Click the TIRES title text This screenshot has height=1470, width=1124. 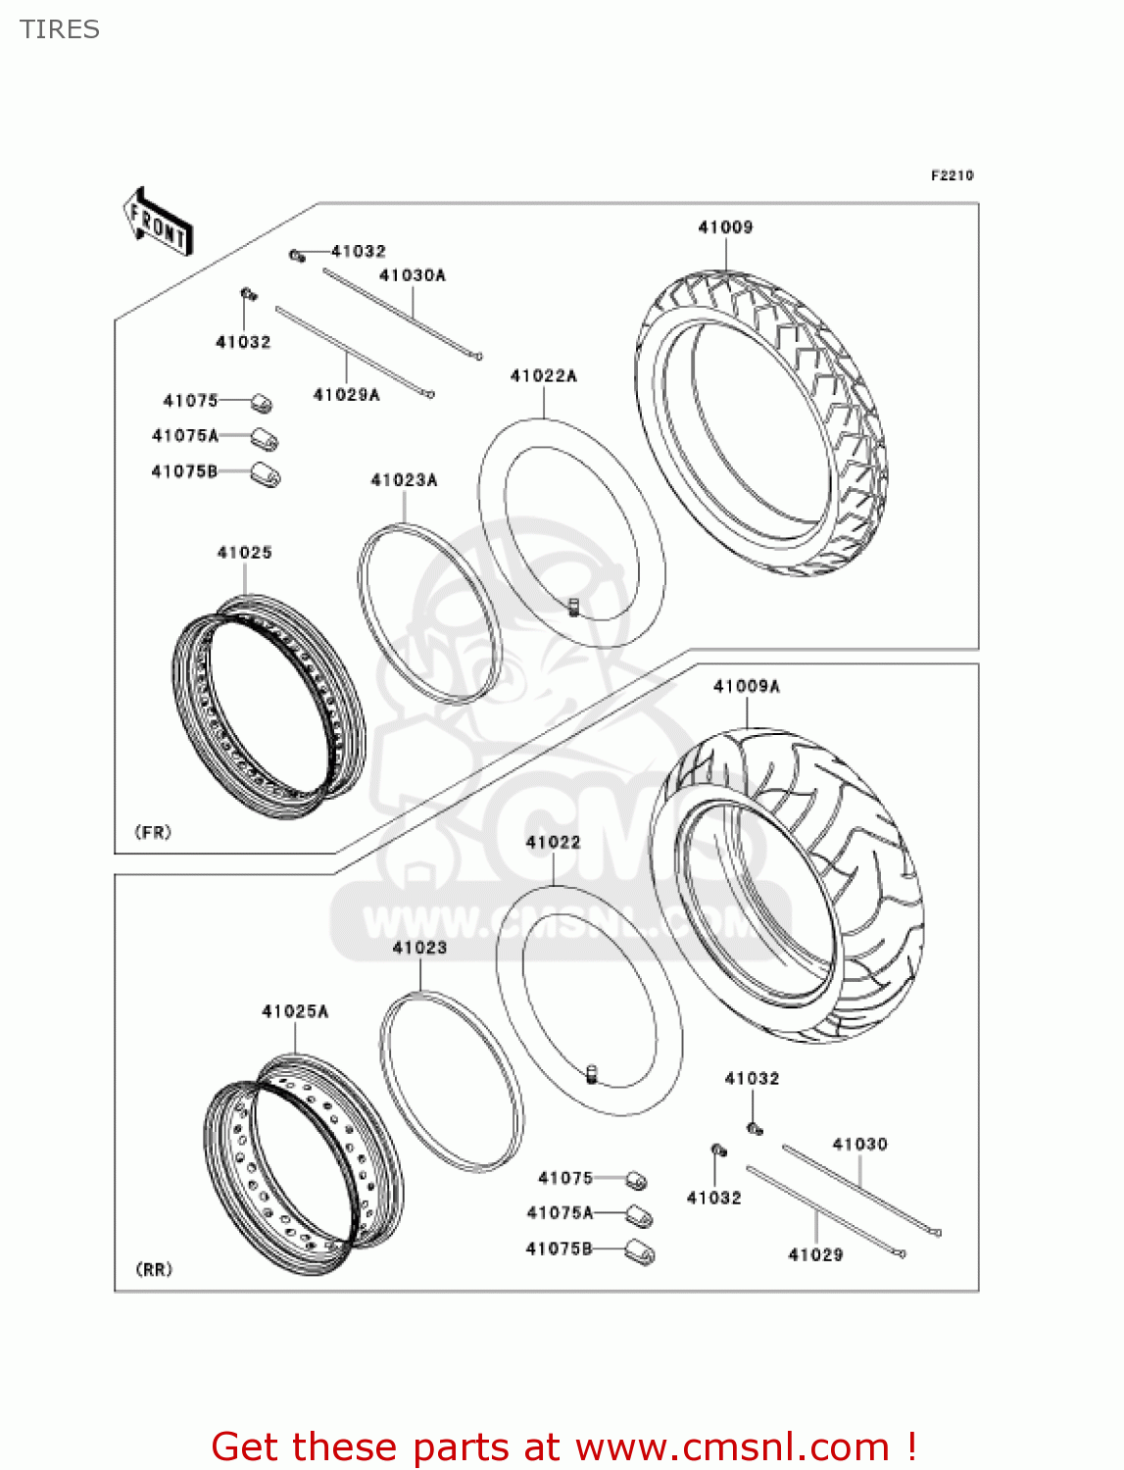click(x=60, y=29)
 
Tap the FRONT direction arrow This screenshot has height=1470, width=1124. click(x=157, y=221)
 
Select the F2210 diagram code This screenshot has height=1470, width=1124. click(x=952, y=175)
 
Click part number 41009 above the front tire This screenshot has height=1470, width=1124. click(x=725, y=227)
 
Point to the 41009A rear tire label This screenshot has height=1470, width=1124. click(x=747, y=687)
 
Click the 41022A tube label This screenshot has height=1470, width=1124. click(x=544, y=376)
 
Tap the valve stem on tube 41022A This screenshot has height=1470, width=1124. click(x=574, y=608)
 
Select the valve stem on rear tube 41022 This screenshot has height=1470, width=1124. click(x=592, y=1074)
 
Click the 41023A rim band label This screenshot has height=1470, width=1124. click(x=404, y=480)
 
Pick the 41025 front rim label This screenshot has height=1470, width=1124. click(x=244, y=553)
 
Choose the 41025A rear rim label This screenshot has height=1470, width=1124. click(x=295, y=1011)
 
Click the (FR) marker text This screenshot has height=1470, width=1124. click(x=153, y=833)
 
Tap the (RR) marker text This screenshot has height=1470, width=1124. click(x=154, y=1270)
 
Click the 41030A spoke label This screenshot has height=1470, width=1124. click(x=413, y=275)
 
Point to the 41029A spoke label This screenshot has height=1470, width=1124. click(x=346, y=395)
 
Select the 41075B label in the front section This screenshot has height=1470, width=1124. click(x=184, y=472)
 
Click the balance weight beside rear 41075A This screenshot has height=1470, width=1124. click(x=640, y=1216)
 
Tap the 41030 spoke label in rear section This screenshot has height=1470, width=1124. click(x=859, y=1145)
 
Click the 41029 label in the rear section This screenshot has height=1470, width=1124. click(x=815, y=1255)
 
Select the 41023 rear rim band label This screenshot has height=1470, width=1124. click(x=419, y=948)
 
